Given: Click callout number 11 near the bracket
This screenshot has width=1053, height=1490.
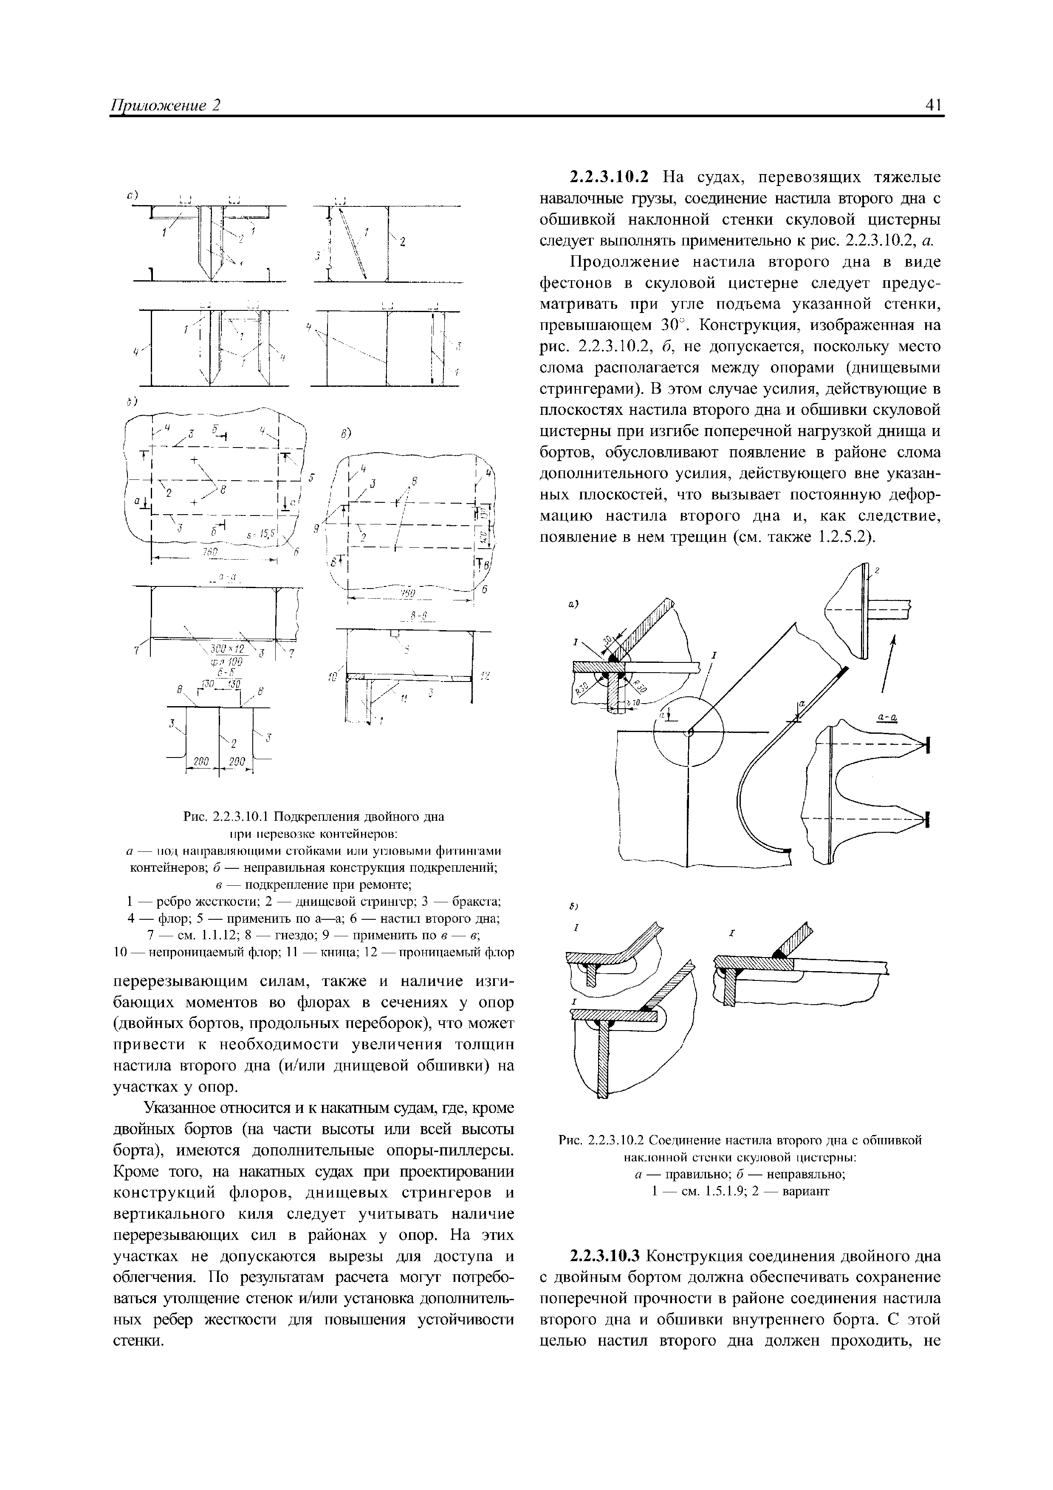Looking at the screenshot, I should coord(403,700).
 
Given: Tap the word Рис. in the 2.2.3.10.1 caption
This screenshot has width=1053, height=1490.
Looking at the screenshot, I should coord(195,816).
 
